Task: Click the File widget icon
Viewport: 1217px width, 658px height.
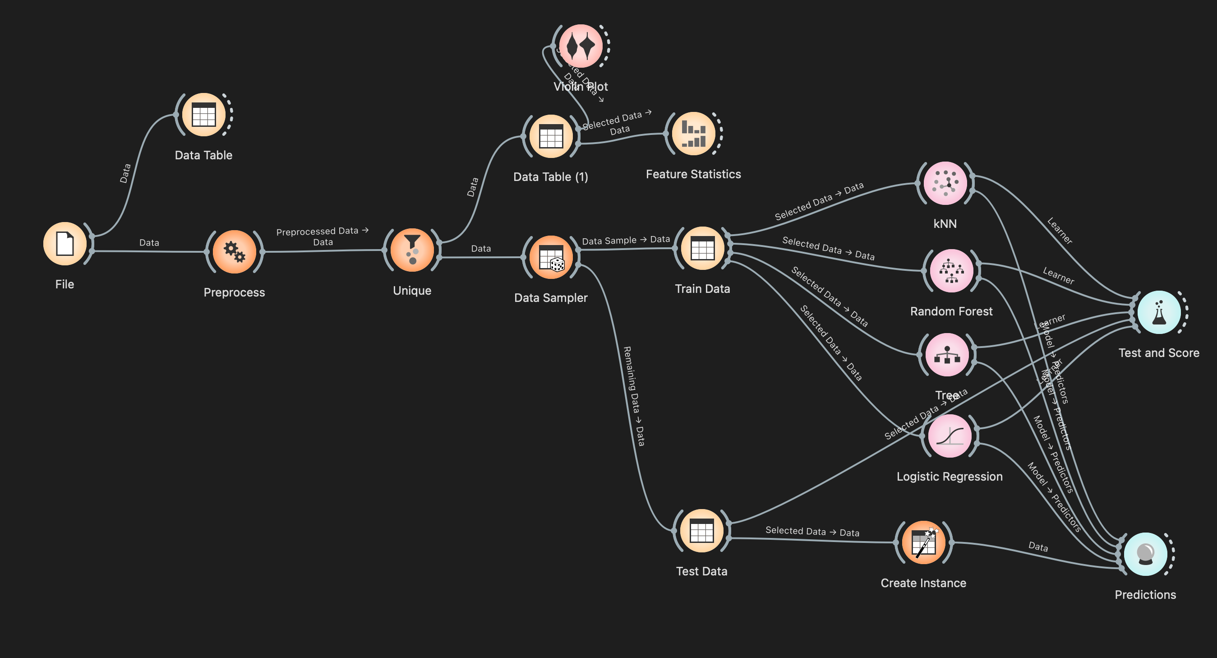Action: click(x=65, y=243)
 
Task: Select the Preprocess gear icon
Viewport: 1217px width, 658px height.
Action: click(x=234, y=251)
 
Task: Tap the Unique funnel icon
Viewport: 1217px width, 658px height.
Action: click(x=412, y=250)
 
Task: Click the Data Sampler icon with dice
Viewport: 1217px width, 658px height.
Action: click(x=551, y=257)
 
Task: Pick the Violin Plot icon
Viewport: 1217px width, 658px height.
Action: click(x=581, y=46)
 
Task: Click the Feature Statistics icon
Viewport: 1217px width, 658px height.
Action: click(x=693, y=133)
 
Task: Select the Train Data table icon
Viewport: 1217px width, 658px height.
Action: click(x=702, y=248)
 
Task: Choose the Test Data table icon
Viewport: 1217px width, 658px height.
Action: click(x=701, y=531)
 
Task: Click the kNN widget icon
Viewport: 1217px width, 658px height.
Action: click(x=945, y=183)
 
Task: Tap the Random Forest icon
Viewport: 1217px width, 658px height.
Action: click(x=951, y=271)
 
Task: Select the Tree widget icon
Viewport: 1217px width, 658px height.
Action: click(x=947, y=355)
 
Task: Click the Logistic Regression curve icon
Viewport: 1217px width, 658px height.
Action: click(x=950, y=436)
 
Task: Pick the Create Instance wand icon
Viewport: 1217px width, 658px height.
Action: click(x=923, y=542)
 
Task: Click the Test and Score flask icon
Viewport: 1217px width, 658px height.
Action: click(x=1159, y=312)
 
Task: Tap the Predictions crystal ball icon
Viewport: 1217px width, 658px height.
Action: click(x=1145, y=555)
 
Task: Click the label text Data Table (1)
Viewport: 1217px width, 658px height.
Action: click(x=550, y=177)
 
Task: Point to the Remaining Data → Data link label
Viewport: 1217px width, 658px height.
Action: click(x=634, y=396)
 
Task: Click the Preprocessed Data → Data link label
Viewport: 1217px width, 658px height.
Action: click(x=322, y=236)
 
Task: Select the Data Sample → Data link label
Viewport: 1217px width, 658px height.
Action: click(x=626, y=240)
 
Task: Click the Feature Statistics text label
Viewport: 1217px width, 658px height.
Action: click(x=693, y=174)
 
